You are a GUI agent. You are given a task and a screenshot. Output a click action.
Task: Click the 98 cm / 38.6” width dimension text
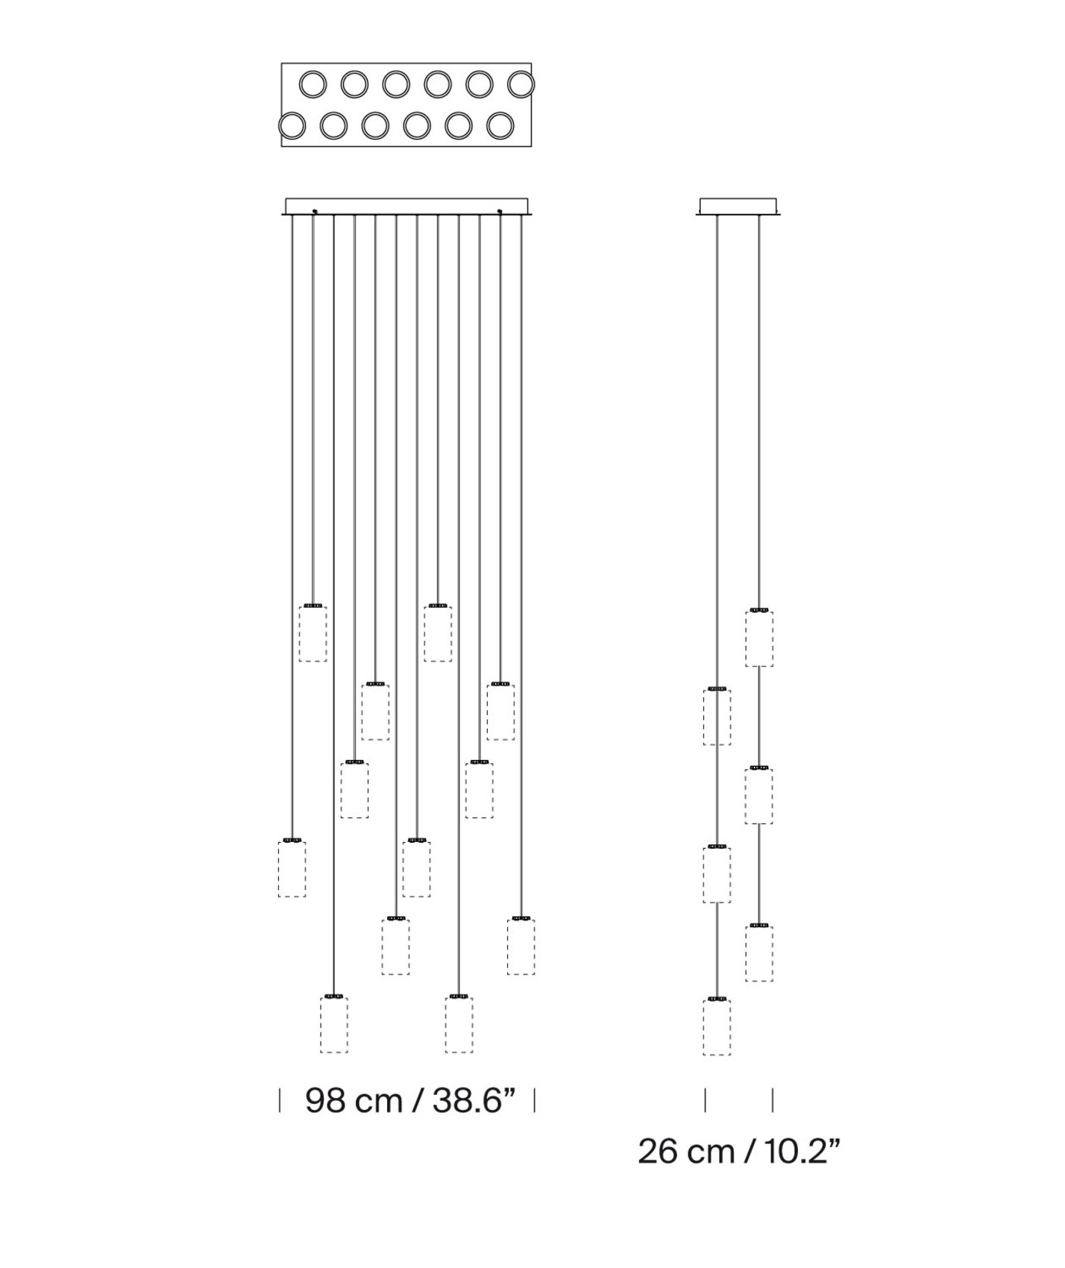pyautogui.click(x=411, y=1100)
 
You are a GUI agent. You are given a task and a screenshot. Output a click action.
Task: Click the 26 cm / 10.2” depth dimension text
pyautogui.click(x=739, y=1151)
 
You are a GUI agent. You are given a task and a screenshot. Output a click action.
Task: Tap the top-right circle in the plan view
pyautogui.click(x=521, y=84)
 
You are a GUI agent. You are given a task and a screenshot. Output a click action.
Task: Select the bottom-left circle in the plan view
pyautogui.click(x=292, y=126)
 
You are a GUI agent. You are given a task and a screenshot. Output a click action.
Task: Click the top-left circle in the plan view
pyautogui.click(x=312, y=84)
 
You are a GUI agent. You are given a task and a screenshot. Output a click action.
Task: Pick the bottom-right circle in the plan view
pyautogui.click(x=500, y=126)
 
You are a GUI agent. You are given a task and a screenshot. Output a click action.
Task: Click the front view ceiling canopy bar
pyautogui.click(x=406, y=207)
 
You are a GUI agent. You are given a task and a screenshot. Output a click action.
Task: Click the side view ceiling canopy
pyautogui.click(x=738, y=207)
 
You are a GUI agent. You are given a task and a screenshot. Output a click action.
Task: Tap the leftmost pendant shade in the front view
pyautogui.click(x=292, y=867)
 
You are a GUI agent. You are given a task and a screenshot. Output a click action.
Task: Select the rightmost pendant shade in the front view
pyautogui.click(x=521, y=946)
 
